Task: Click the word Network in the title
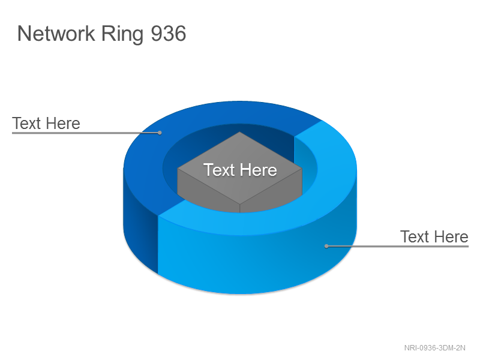pos(56,34)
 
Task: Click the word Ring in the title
pos(122,34)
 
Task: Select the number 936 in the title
pos(169,34)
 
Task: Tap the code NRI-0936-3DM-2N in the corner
pos(434,348)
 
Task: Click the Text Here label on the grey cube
pos(240,170)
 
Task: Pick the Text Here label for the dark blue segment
pos(46,124)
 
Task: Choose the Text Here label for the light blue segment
pos(434,236)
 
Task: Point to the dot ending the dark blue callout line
pos(160,133)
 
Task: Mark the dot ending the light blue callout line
pos(326,246)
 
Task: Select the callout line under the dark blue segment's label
pos(86,133)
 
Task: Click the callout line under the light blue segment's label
pos(397,246)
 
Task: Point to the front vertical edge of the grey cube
pos(239,209)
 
